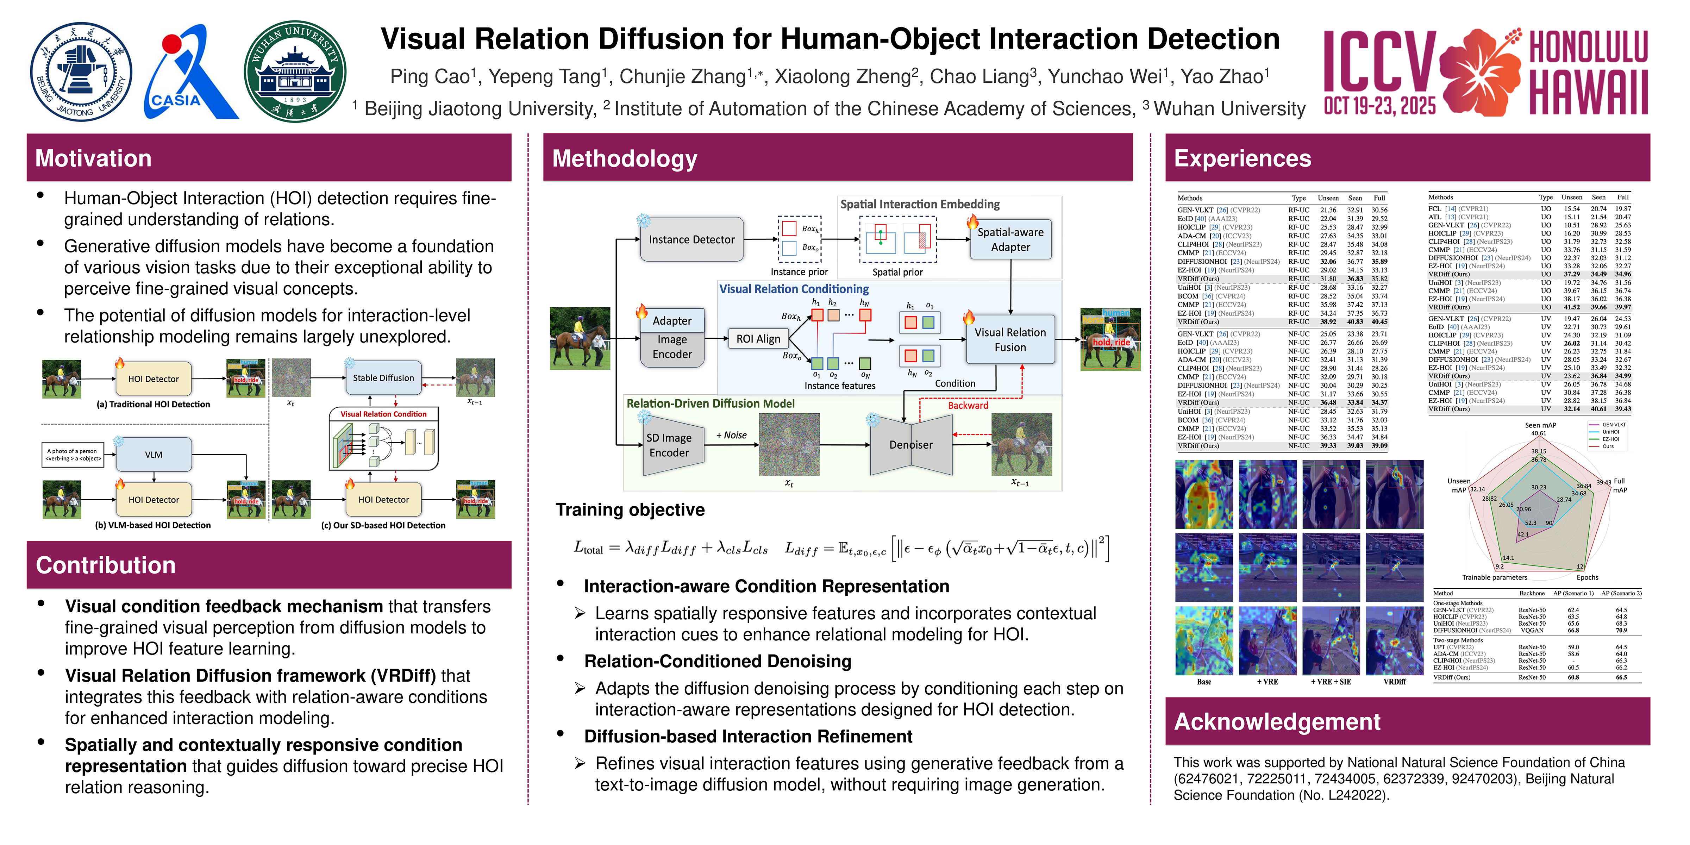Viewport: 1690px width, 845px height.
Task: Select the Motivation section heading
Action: point(94,158)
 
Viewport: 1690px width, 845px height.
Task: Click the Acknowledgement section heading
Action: point(1277,722)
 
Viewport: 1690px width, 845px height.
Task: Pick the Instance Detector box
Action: point(691,239)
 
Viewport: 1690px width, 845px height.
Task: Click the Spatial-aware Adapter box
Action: point(1010,239)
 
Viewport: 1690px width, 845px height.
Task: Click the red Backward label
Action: point(968,406)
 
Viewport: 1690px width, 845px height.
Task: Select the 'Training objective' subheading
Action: point(630,510)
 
